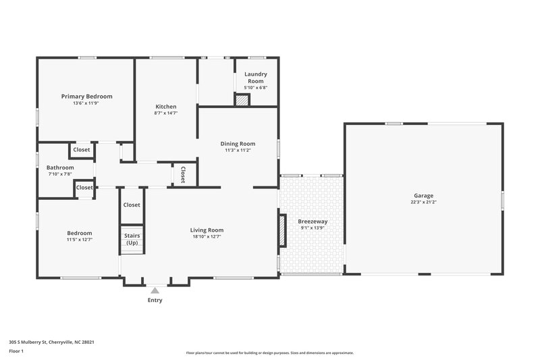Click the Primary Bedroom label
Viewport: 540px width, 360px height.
(x=86, y=97)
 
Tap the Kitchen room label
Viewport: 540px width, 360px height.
(x=165, y=107)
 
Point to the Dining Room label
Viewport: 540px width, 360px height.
(x=238, y=144)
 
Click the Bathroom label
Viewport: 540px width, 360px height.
(x=59, y=168)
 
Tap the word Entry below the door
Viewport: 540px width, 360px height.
(x=155, y=300)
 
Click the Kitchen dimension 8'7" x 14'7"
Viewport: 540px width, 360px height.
(x=165, y=113)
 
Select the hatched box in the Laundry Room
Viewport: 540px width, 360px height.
(x=242, y=100)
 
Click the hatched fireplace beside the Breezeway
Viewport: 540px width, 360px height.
(x=282, y=231)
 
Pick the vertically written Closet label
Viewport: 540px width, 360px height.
(x=182, y=174)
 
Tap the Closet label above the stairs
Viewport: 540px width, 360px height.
(x=132, y=205)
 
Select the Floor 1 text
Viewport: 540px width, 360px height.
(x=16, y=352)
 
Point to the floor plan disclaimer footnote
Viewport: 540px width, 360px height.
(x=269, y=353)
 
